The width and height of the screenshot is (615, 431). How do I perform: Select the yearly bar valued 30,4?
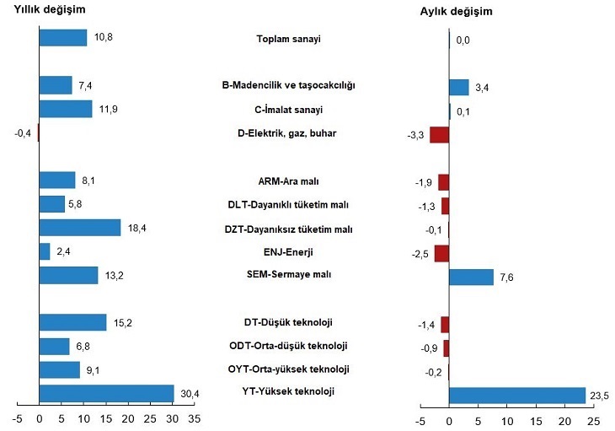point(106,394)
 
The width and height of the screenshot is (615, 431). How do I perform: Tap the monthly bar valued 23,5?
point(516,396)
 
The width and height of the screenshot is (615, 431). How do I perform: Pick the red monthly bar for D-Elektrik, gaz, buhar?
point(439,134)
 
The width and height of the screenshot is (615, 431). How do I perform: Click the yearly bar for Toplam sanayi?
point(62,38)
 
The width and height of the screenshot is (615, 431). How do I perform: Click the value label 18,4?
point(136,229)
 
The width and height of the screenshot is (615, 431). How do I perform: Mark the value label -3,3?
point(416,135)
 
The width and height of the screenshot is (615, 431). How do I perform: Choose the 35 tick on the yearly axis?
point(195,417)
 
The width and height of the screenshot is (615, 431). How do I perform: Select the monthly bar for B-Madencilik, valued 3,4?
point(458,87)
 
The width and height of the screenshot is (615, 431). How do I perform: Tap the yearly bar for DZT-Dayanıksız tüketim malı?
point(80,228)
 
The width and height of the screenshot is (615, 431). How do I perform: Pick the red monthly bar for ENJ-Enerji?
point(441,253)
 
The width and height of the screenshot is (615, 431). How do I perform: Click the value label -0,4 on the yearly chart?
point(24,132)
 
